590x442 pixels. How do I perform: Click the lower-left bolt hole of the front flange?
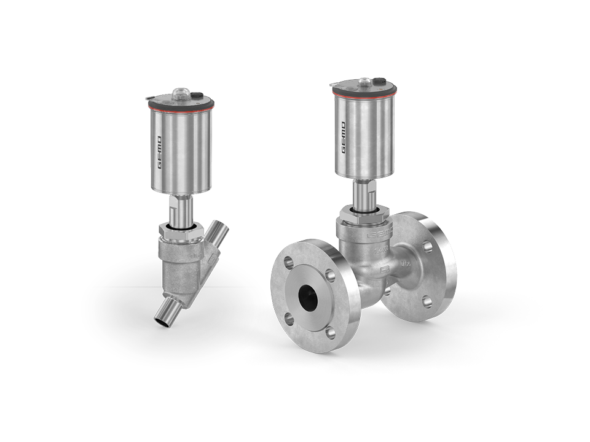pos(287,319)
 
